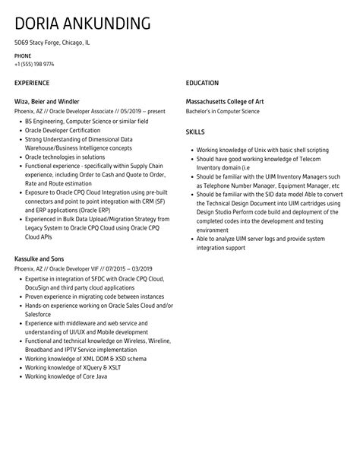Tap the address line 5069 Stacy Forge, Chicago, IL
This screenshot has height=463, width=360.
(x=52, y=43)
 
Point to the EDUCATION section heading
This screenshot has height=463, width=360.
(x=202, y=82)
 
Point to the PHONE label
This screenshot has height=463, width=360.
(x=22, y=56)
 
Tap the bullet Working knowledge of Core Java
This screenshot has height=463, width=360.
(x=65, y=376)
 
